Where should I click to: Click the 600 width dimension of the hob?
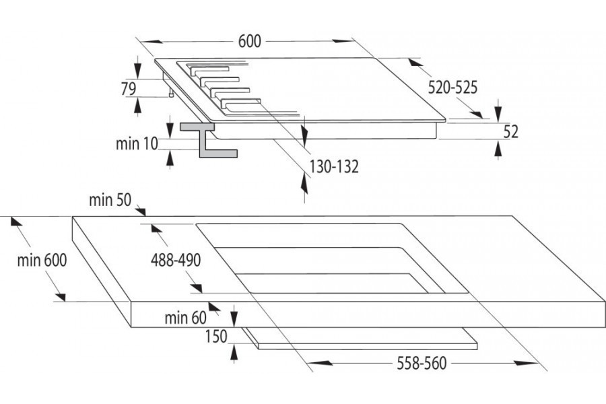249,41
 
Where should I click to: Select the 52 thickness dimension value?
511,132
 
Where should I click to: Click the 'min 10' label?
136,143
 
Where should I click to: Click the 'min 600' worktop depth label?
42,261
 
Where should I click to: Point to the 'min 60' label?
185,318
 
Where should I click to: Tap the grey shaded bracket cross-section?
205,141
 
